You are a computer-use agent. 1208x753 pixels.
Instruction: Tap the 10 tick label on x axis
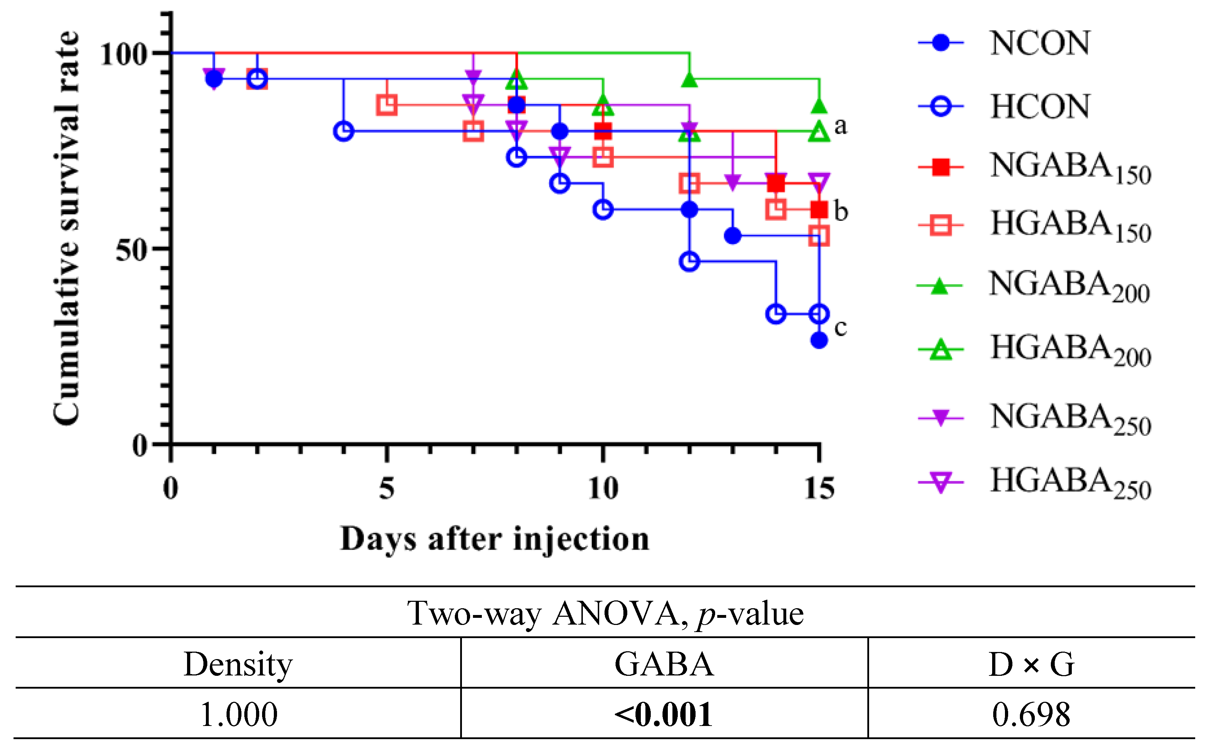tap(603, 489)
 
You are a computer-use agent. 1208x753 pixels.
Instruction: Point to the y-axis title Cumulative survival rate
tap(67, 229)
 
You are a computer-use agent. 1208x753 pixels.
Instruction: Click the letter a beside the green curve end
tap(841, 126)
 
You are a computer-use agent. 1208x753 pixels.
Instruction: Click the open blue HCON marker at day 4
tap(344, 132)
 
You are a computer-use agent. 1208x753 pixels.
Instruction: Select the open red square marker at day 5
tap(387, 105)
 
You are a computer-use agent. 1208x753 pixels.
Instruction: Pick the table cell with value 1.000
tap(238, 715)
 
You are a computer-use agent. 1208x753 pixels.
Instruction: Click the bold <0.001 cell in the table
tap(664, 715)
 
